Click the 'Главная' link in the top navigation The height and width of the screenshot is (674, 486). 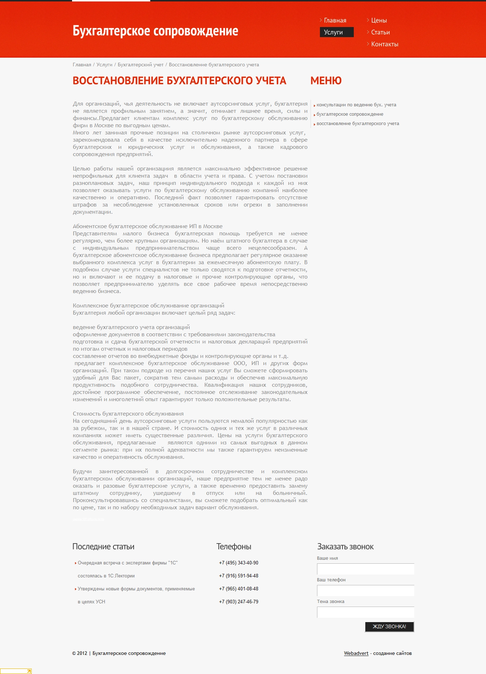tap(335, 21)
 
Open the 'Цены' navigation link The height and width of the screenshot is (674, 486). tap(379, 21)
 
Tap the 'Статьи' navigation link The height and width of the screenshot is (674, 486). tap(380, 32)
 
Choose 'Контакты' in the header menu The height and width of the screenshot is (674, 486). tap(384, 44)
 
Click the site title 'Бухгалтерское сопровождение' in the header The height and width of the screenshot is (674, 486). tap(155, 31)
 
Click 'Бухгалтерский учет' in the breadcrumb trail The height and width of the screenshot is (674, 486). tap(141, 65)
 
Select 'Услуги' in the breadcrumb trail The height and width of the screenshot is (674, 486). tap(104, 65)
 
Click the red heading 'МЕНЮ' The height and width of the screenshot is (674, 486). tap(326, 81)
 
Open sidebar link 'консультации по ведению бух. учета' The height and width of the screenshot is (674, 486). tap(356, 105)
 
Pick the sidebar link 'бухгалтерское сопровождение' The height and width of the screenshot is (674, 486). tap(350, 114)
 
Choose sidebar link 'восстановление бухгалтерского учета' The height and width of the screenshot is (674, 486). tap(358, 124)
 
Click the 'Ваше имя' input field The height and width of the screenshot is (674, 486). tap(365, 569)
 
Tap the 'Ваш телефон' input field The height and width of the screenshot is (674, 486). tap(365, 591)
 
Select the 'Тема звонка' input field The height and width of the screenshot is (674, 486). tap(365, 612)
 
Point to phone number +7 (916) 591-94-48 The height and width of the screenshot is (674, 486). tap(238, 576)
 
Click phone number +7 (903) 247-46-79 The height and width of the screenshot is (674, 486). tap(238, 602)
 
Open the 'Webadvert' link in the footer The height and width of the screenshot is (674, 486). tap(356, 653)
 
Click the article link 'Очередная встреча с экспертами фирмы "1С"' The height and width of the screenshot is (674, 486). tap(128, 563)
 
